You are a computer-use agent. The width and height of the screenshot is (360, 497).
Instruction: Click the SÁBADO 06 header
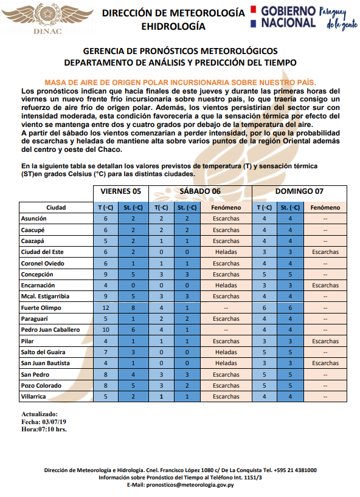point(199,191)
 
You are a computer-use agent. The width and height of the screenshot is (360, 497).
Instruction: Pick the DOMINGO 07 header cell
point(299,191)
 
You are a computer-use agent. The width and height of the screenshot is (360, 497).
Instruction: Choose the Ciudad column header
point(55,207)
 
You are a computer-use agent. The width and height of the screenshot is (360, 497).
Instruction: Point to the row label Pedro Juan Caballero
point(50,330)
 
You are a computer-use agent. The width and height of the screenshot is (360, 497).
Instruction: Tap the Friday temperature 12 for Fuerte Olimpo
point(105,307)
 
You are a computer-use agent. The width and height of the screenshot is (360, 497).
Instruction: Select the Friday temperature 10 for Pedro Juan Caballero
point(105,330)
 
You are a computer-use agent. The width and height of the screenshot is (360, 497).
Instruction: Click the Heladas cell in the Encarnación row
point(226,285)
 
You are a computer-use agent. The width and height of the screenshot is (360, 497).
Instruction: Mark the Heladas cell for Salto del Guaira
point(226,352)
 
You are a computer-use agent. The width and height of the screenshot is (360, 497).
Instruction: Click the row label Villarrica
point(35,396)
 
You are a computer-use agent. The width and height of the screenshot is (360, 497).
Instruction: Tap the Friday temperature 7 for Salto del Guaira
point(105,352)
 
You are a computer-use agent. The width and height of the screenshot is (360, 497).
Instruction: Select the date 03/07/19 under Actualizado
point(55,421)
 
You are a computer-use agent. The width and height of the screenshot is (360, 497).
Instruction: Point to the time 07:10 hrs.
point(54,429)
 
